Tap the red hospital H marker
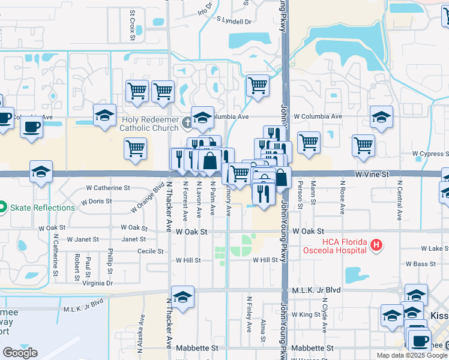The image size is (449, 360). click(x=376, y=245)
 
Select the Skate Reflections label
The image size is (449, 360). click(x=41, y=208)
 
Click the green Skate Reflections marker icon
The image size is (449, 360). click(x=2, y=208)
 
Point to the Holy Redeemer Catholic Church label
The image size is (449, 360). click(x=149, y=124)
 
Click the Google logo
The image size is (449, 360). click(x=20, y=353)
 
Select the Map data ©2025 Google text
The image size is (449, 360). click(x=412, y=355)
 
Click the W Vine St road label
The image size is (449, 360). click(x=372, y=173)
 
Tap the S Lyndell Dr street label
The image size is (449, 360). click(x=234, y=21)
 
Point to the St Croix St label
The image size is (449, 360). click(x=132, y=26)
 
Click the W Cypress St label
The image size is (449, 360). click(x=432, y=154)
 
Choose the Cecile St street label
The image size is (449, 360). click(x=151, y=251)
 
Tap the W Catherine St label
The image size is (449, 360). click(x=107, y=188)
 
